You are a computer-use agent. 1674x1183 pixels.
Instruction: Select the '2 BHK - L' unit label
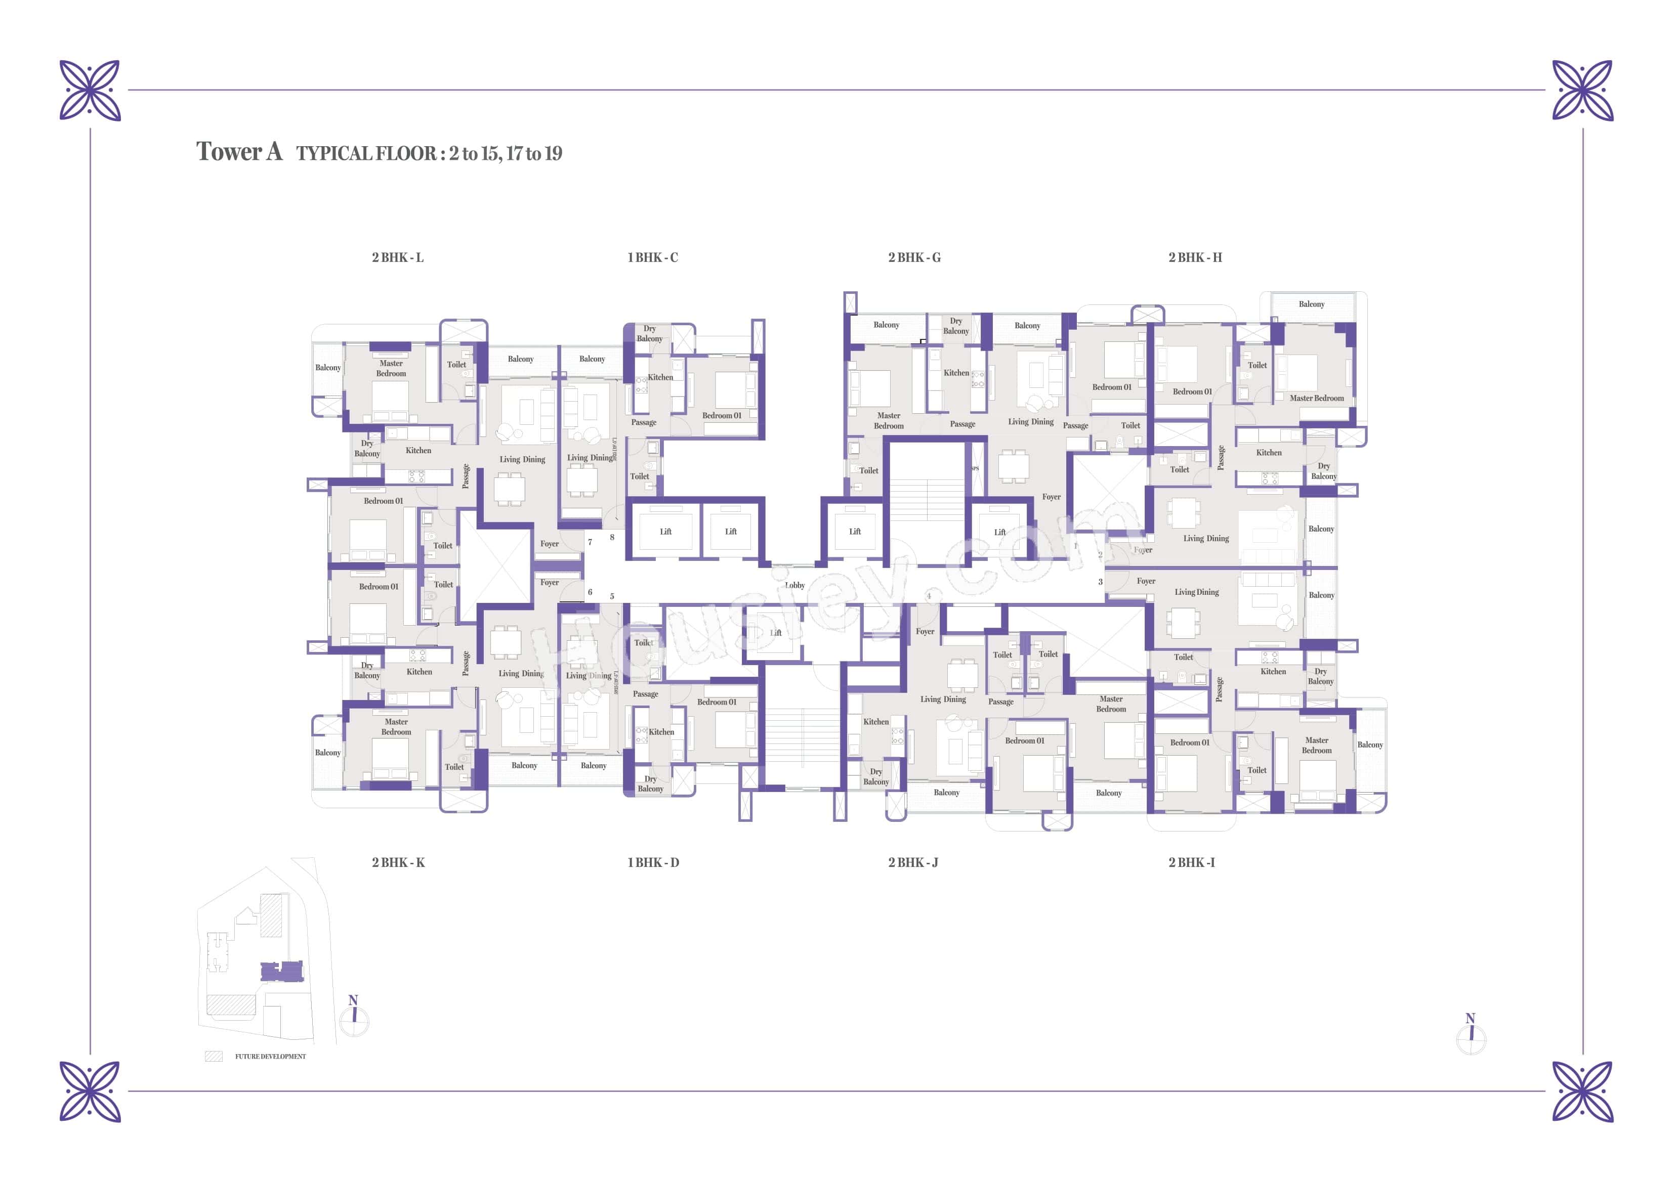(397, 257)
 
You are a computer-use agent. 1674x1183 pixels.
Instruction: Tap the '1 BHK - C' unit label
(652, 257)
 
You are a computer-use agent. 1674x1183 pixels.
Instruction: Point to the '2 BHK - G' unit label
(914, 257)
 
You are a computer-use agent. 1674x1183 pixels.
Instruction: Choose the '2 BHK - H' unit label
(1195, 257)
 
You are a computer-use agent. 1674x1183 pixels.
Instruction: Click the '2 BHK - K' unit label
(398, 862)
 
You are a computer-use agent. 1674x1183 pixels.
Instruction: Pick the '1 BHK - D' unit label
(653, 862)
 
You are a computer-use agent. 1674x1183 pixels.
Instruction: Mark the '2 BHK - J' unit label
(913, 862)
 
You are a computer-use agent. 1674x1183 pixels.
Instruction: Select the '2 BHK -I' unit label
(1191, 862)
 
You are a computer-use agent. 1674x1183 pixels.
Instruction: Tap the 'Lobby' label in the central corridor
(794, 585)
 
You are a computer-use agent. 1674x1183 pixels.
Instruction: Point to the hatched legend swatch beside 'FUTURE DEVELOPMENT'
(214, 1056)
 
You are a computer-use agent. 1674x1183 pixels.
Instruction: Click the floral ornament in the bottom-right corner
(1583, 1091)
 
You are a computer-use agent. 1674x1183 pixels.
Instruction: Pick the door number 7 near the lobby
(590, 542)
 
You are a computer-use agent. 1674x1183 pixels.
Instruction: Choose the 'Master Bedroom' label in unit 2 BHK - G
(889, 421)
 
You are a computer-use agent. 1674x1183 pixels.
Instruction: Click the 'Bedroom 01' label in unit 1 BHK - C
(722, 415)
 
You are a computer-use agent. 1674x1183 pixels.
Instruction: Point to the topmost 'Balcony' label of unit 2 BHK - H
(1311, 304)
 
